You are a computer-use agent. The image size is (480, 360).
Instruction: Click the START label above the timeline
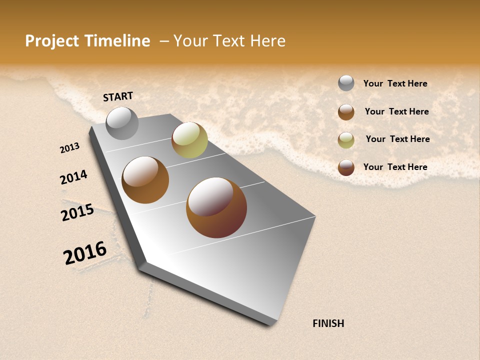(x=118, y=96)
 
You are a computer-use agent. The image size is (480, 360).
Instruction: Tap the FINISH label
(x=328, y=323)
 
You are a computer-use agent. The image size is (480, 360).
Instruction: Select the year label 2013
(x=69, y=148)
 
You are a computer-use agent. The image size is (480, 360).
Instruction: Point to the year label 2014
(x=73, y=177)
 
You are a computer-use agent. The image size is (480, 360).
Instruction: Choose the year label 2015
(x=77, y=212)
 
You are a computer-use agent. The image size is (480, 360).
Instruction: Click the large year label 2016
(x=85, y=253)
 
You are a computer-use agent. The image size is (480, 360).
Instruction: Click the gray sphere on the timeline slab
(x=122, y=123)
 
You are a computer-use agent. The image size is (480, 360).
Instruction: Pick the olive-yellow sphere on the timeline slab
(x=189, y=140)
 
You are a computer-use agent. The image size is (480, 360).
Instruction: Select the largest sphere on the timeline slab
(x=216, y=207)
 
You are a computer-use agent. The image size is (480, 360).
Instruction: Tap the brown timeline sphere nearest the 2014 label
(x=145, y=180)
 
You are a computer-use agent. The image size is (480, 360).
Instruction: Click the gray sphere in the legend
(x=346, y=83)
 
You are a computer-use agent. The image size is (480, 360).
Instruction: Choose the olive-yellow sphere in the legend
(x=346, y=140)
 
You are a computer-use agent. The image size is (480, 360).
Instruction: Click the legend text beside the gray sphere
(x=395, y=83)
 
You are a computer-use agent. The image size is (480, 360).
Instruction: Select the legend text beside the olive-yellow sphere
(x=397, y=139)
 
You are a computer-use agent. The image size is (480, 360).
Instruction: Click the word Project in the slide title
(x=52, y=41)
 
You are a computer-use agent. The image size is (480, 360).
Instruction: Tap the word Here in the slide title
(x=267, y=41)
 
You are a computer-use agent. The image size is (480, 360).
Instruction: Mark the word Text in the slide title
(x=228, y=41)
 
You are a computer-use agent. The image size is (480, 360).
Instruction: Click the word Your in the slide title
(x=190, y=41)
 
